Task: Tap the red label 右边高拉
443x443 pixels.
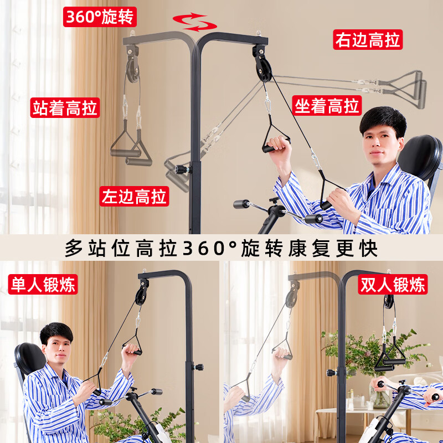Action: point(367,40)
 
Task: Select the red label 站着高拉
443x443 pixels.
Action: point(65,107)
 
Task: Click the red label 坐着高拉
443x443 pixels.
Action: point(327,105)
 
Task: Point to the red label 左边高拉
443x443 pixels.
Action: point(135,196)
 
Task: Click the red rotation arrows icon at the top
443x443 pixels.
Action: point(194,23)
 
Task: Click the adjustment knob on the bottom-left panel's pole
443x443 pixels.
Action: point(197,367)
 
